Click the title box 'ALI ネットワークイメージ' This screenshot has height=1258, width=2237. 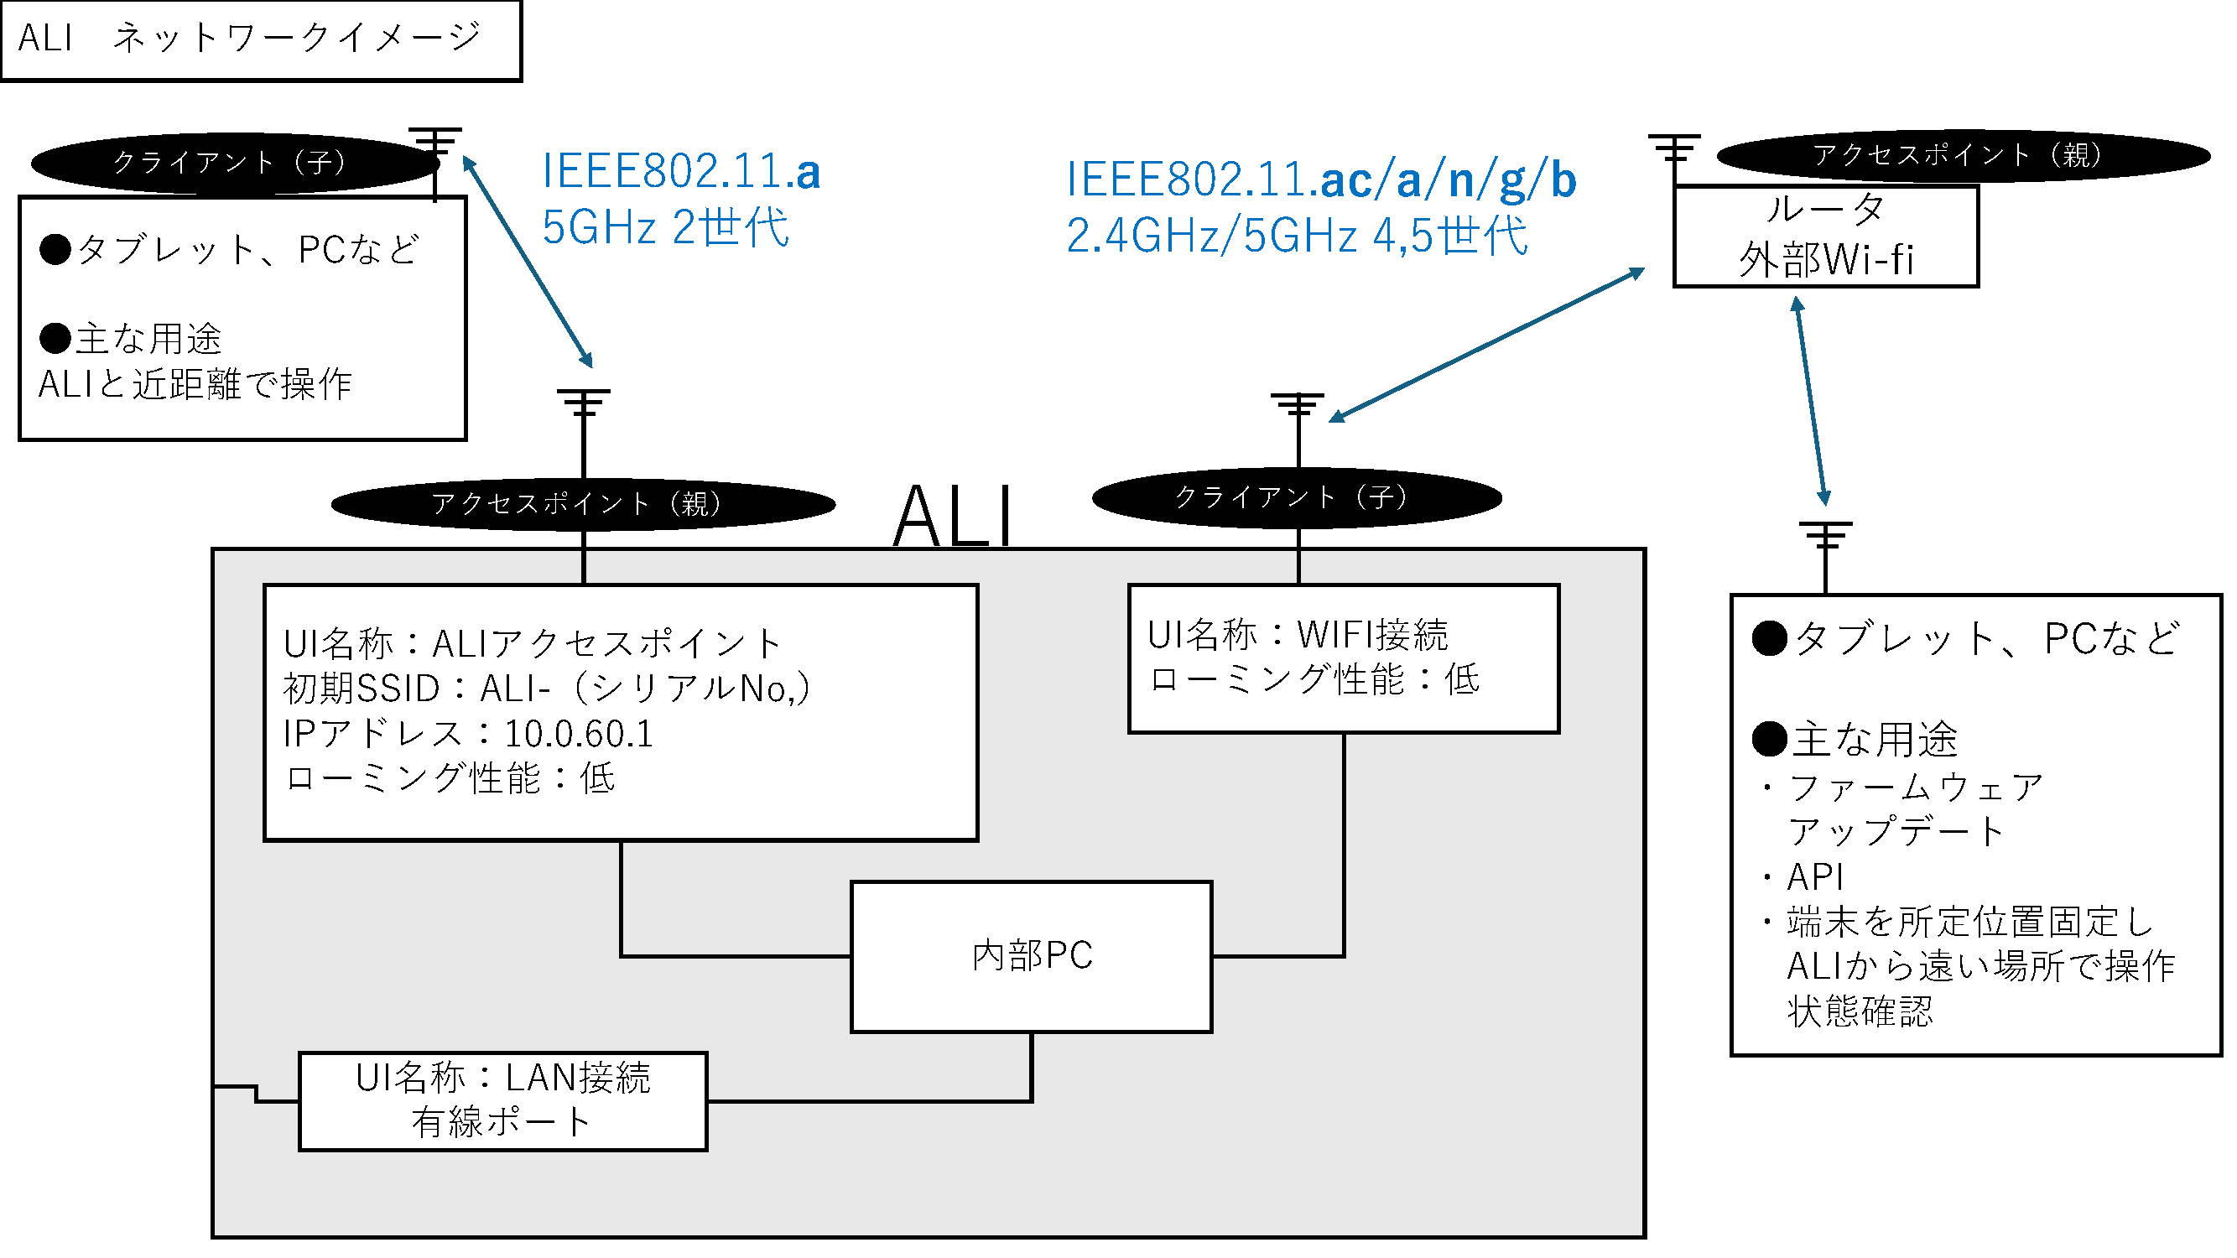(x=261, y=40)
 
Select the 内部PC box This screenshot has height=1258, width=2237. (x=1031, y=957)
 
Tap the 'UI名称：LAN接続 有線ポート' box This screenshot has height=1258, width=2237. (x=502, y=1101)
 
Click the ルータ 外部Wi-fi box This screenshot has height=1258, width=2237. (x=1825, y=236)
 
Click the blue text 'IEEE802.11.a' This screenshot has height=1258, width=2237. (x=681, y=171)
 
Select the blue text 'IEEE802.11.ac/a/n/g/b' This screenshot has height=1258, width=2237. (x=1320, y=179)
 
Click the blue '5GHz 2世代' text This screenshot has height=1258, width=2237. (x=665, y=227)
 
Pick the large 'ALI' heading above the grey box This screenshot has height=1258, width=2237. (x=953, y=517)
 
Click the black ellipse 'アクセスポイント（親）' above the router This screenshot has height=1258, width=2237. (x=1963, y=155)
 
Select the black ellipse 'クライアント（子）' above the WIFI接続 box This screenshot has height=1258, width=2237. (x=1297, y=497)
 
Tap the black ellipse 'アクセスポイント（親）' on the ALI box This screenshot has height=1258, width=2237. (x=583, y=503)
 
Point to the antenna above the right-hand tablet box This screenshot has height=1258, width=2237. (x=1825, y=538)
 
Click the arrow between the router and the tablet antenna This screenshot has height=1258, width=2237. (x=1812, y=402)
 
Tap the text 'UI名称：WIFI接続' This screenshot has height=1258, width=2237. (x=1298, y=636)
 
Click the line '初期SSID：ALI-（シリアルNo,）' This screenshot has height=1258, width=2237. (x=547, y=689)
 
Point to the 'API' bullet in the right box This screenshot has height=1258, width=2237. (x=1815, y=878)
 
